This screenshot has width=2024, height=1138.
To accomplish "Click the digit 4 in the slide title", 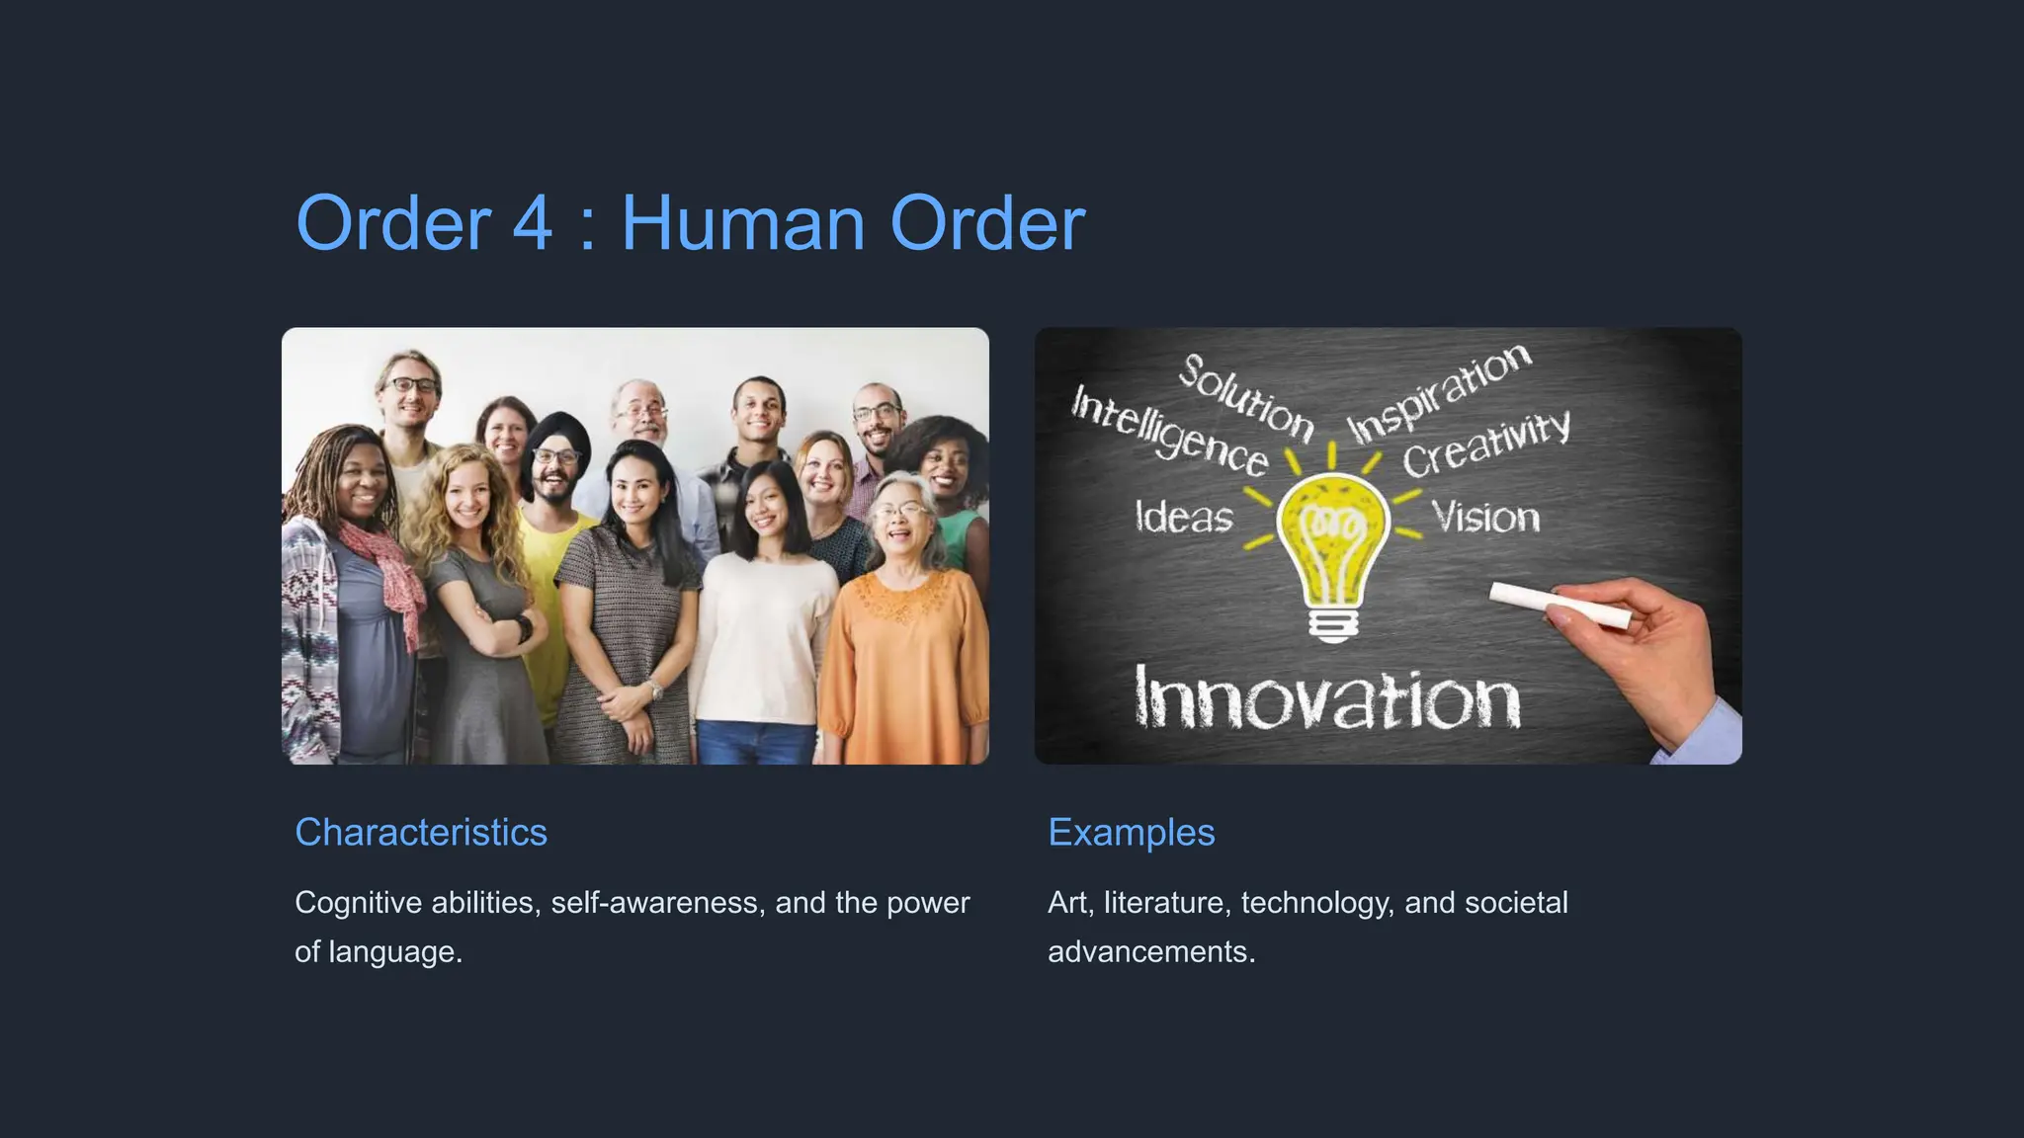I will tap(532, 223).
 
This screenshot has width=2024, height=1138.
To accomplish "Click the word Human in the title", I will tap(743, 223).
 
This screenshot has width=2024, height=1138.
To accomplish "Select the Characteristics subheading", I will tap(421, 832).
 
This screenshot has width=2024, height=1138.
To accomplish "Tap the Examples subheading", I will tap(1131, 832).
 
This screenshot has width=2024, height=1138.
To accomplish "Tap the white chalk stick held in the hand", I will tap(1560, 605).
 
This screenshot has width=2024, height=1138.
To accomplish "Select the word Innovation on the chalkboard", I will tap(1326, 699).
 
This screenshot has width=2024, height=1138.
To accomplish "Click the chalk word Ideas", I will tap(1184, 517).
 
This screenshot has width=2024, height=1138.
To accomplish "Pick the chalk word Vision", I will tap(1485, 517).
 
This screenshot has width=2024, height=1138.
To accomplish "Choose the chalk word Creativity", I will tap(1485, 445).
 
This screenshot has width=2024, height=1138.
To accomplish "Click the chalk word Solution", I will tap(1246, 397).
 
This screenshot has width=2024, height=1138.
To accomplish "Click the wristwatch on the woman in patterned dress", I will tap(655, 690).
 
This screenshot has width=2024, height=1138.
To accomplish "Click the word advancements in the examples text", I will tap(1150, 952).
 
